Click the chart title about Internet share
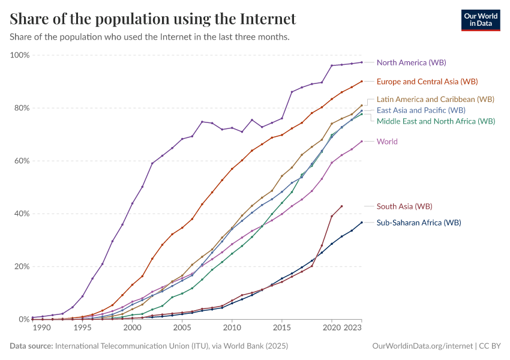(x=153, y=19)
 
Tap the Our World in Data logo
(x=480, y=20)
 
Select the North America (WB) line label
(x=411, y=62)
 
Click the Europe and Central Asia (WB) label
(x=427, y=81)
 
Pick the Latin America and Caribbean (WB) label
(x=436, y=99)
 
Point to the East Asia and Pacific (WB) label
(x=421, y=110)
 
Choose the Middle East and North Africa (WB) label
(x=436, y=121)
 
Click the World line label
(x=387, y=142)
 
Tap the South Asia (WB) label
(x=404, y=206)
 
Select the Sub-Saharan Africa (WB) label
(x=419, y=223)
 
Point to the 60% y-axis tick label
(x=21, y=161)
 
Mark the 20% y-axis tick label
(x=21, y=266)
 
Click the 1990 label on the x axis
(x=42, y=328)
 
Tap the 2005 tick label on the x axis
(x=182, y=328)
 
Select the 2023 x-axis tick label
(x=353, y=328)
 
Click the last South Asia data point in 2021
(x=341, y=206)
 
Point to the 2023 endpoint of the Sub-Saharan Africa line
(x=362, y=223)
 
